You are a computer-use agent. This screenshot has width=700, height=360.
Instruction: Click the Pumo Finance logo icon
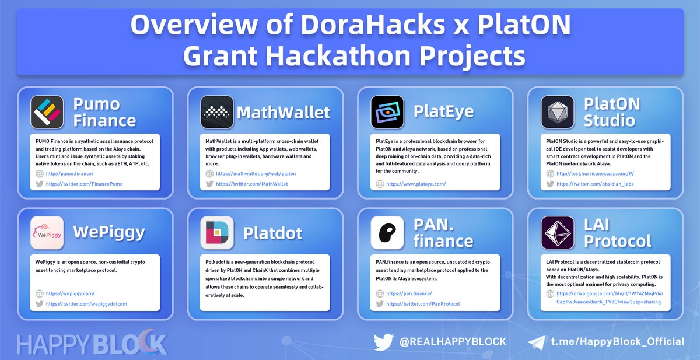pos(47,111)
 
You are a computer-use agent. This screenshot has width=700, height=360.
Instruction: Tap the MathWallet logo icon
pos(217,111)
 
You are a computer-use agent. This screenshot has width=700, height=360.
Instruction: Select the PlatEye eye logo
pos(387,111)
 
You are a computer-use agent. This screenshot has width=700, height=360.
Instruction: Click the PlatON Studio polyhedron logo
pos(558,111)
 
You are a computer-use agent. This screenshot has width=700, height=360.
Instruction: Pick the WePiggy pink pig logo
pos(47,233)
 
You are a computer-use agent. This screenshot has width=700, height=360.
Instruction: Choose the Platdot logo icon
pos(217,233)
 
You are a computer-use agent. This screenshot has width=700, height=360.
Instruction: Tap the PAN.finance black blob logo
pos(387,233)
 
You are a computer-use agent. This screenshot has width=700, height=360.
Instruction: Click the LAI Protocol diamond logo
pos(558,233)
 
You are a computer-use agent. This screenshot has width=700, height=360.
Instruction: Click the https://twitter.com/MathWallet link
pos(251,184)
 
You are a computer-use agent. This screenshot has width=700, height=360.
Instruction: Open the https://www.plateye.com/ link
pos(416,184)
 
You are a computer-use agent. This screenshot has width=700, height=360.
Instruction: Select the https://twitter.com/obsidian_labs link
pos(595,184)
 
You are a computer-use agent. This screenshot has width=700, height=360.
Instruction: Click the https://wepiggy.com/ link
pos(70,293)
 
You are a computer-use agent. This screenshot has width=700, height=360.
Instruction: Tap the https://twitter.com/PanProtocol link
pos(423,304)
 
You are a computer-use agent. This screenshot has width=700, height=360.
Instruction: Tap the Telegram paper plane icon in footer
pos(536,342)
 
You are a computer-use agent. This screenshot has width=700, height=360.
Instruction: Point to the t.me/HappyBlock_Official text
pos(618,341)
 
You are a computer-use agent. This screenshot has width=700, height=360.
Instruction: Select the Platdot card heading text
pos(272,233)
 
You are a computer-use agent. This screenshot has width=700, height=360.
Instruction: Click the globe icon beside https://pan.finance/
pos(380,293)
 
